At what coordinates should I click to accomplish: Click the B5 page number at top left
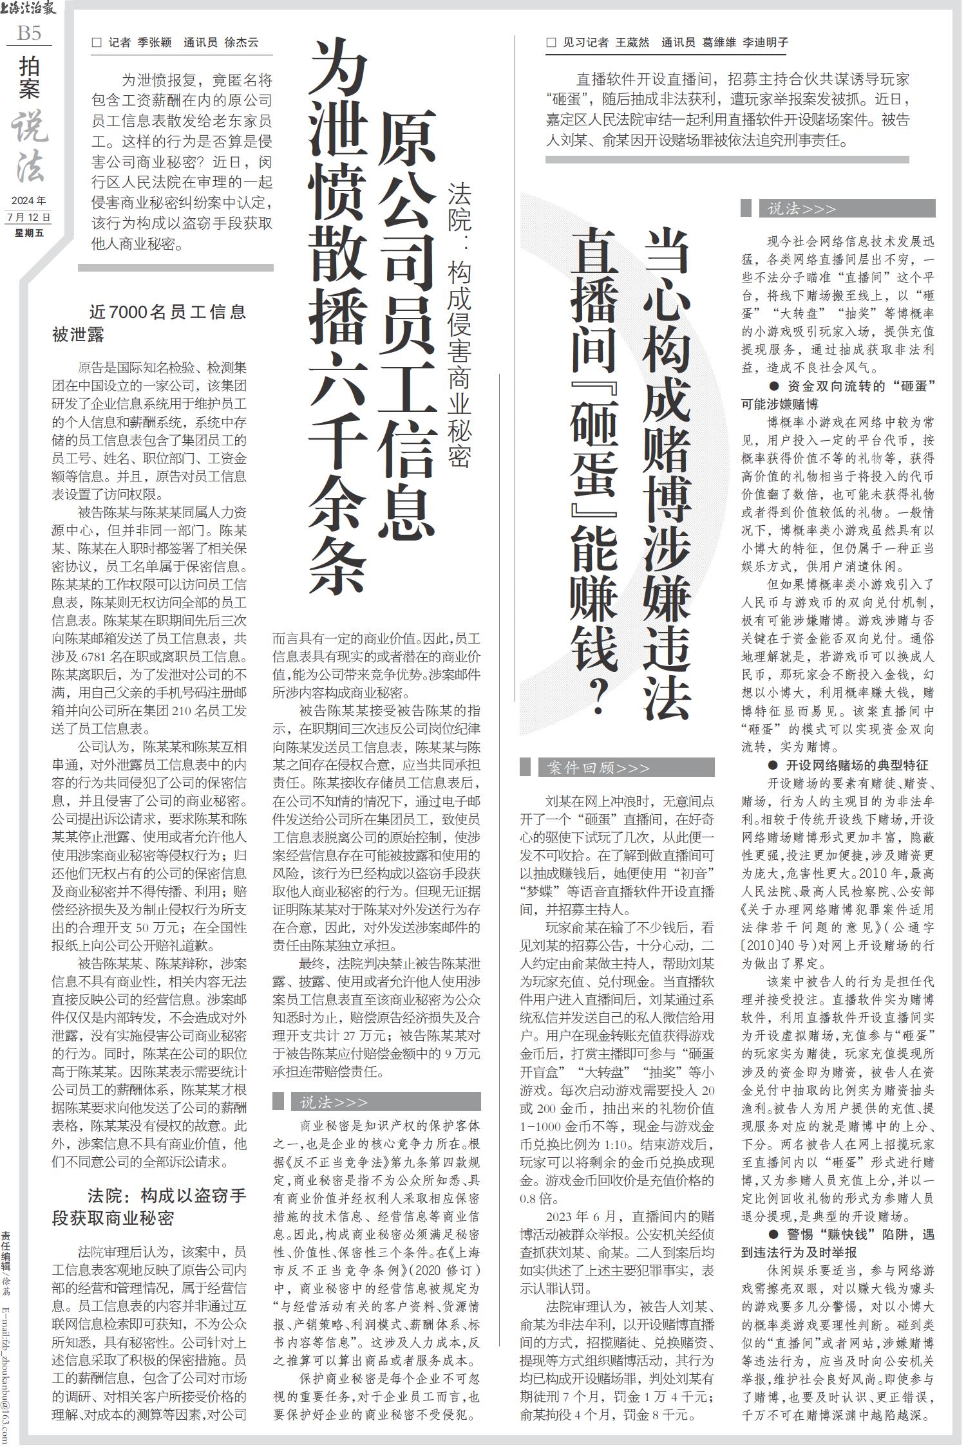(29, 33)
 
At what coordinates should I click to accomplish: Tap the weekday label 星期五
(28, 233)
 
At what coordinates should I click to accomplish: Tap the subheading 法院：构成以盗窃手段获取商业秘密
(149, 1207)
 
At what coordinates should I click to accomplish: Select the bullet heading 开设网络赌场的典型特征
(848, 765)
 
